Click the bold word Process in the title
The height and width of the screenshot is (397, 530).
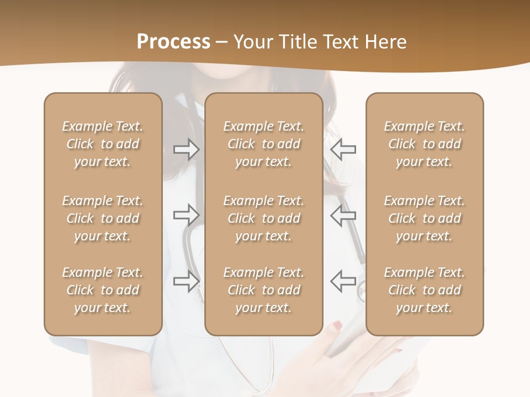(x=173, y=42)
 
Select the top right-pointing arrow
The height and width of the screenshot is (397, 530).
(x=187, y=149)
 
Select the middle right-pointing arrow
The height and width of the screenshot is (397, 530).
(x=187, y=214)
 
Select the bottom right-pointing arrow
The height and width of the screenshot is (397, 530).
(x=187, y=281)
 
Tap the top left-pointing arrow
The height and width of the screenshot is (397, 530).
(x=343, y=149)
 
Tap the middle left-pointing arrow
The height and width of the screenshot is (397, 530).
(x=343, y=214)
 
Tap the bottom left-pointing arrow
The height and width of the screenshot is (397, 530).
(x=343, y=281)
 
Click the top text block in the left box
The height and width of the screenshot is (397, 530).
(x=103, y=144)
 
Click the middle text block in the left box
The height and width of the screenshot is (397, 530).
(x=103, y=218)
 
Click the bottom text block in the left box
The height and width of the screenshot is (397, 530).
(x=103, y=290)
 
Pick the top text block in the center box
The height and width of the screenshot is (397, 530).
(x=264, y=144)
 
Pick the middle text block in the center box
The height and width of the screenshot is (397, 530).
(x=264, y=218)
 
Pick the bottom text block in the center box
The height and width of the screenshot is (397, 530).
(x=264, y=290)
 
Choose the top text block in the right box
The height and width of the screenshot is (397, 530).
(x=425, y=144)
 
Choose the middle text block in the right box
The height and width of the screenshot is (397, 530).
(x=425, y=218)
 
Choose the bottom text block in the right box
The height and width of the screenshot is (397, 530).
(x=425, y=290)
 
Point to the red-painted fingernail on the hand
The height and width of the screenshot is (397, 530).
(x=336, y=327)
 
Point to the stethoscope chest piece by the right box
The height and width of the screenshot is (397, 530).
(x=362, y=291)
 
